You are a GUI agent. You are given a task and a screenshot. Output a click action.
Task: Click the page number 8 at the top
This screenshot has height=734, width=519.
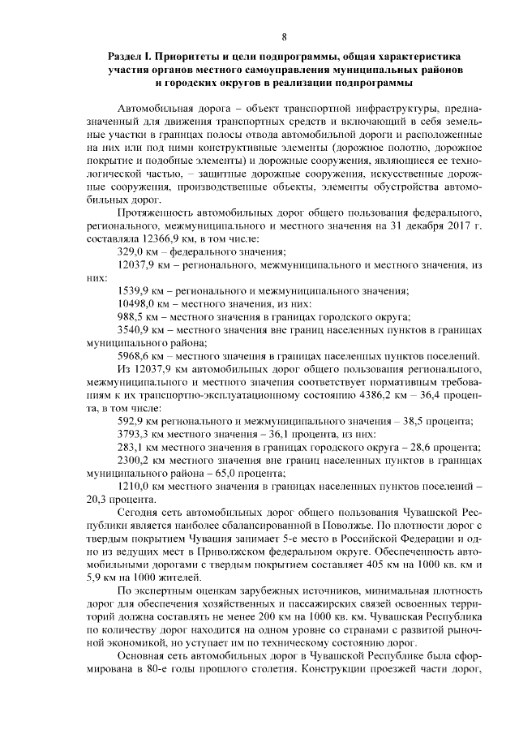coord(284,36)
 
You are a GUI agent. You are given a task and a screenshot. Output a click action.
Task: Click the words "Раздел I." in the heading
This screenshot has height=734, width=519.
coord(135,58)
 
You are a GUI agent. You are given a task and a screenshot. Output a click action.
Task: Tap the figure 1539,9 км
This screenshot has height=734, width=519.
coord(133,290)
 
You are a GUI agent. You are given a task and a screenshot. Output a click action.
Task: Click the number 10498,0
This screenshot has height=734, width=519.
coord(136,303)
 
